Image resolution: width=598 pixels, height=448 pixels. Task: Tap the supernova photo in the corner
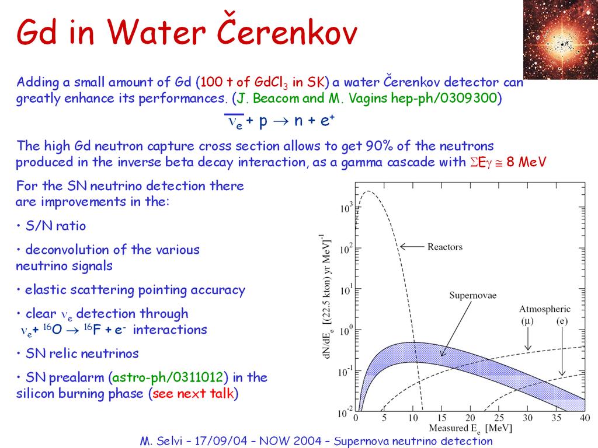(560, 39)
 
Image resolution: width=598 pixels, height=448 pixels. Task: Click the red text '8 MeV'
(526, 162)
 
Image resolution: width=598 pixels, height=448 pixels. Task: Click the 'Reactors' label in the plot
(444, 247)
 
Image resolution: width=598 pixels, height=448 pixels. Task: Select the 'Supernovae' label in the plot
(472, 295)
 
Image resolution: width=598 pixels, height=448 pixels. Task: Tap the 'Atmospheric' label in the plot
(545, 309)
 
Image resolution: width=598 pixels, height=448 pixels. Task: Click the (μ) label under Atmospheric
(527, 321)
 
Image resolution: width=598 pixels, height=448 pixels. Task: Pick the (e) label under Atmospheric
(562, 321)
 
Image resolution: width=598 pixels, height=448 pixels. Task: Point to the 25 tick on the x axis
(499, 418)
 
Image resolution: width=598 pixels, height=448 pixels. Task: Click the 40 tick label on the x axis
(585, 418)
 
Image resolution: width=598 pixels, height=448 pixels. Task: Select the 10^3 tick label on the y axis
(346, 208)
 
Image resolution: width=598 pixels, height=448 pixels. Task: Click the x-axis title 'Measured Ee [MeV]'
(470, 429)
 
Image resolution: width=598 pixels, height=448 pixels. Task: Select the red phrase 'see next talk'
(193, 393)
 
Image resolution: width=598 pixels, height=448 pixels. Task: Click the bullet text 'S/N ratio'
(55, 226)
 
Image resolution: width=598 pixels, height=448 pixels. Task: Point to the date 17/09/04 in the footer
(221, 441)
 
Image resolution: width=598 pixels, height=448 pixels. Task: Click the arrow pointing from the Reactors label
(412, 247)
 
